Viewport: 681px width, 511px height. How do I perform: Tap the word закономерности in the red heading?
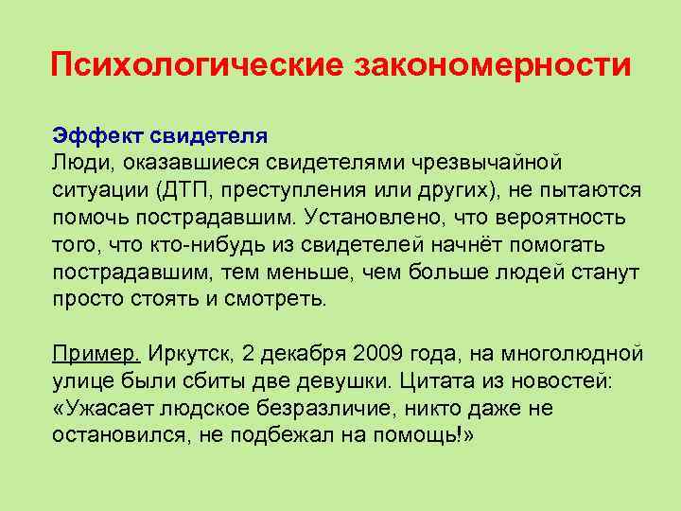[492, 65]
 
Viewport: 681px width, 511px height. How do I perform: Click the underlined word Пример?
[95, 354]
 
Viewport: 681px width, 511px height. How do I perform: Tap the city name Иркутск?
[190, 354]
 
